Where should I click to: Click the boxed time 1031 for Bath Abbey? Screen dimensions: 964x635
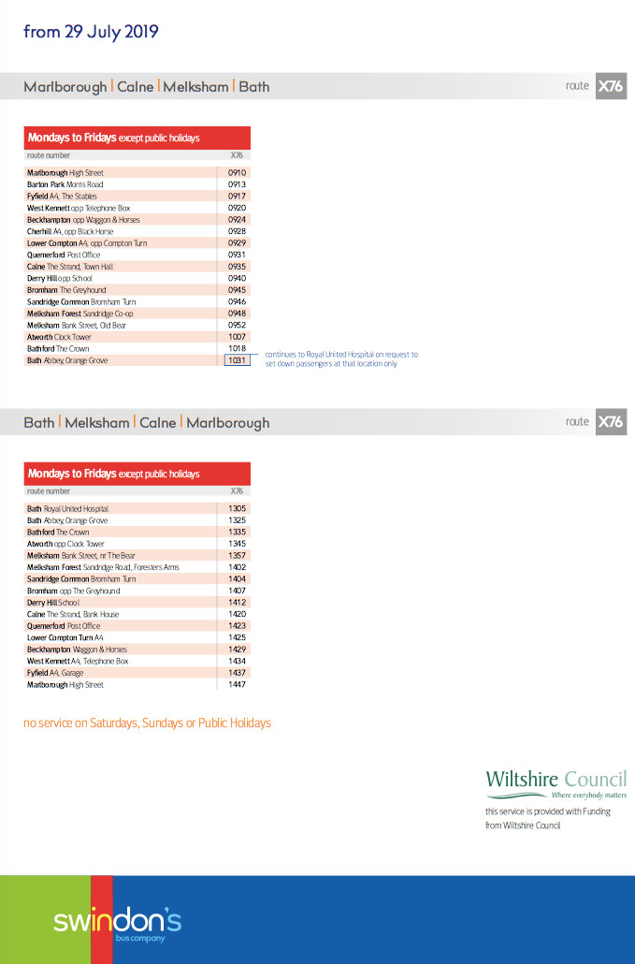[x=237, y=360]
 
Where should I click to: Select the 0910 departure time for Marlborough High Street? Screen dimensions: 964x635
[x=237, y=173]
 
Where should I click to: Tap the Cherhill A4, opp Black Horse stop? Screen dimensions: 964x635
[x=70, y=231]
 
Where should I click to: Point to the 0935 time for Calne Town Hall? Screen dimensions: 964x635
[x=237, y=267]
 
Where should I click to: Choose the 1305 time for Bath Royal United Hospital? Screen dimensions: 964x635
[x=237, y=509]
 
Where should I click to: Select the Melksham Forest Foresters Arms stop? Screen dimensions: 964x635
[x=103, y=567]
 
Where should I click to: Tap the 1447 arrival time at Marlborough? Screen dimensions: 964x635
[x=237, y=685]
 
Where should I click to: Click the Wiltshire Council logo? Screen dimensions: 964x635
[x=556, y=783]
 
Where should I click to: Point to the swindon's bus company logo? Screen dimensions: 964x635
[x=117, y=923]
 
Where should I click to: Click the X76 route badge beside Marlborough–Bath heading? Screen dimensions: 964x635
[x=611, y=86]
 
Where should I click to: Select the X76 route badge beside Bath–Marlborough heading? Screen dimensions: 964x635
[x=611, y=422]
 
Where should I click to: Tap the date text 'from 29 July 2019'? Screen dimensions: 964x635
[x=91, y=32]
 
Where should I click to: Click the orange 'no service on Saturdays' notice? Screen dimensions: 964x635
[x=147, y=723]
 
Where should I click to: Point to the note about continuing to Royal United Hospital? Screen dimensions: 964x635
[x=341, y=359]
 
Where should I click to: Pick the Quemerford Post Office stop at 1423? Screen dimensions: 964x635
[x=64, y=626]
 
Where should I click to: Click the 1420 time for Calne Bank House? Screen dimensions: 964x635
[x=237, y=615]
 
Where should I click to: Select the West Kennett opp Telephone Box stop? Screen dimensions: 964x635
[x=79, y=208]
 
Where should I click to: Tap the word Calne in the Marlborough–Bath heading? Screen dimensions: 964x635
[x=136, y=87]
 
